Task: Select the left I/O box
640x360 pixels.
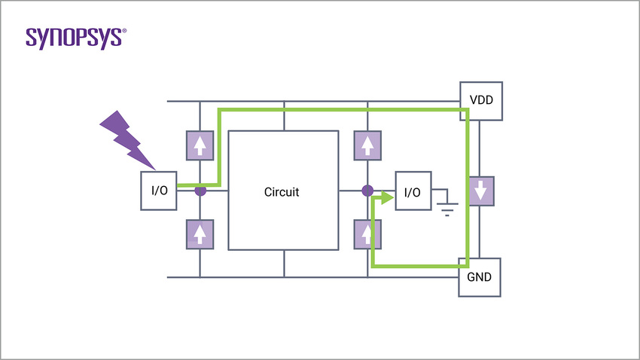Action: coord(159,191)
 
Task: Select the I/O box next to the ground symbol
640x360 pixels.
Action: coord(412,192)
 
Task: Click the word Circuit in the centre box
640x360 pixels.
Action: coord(282,192)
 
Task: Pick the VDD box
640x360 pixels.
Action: coord(480,100)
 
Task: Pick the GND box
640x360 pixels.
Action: coord(480,276)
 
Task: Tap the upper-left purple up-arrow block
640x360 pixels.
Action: coord(200,145)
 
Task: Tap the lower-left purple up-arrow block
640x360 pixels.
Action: coord(200,233)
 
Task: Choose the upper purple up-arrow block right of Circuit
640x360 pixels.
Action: coord(367,145)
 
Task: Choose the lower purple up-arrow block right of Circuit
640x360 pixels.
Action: coord(367,233)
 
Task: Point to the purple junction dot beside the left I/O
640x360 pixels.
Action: coord(200,191)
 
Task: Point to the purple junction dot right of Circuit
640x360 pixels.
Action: coord(367,191)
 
